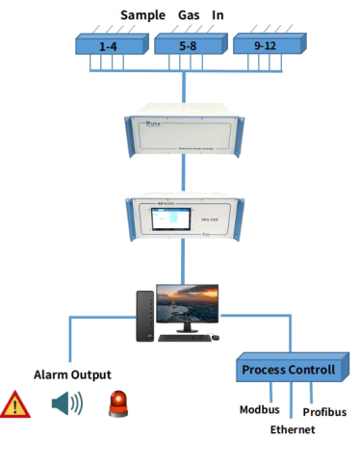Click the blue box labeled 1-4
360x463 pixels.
click(110, 44)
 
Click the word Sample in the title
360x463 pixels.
click(141, 15)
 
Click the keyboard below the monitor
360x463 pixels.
click(183, 338)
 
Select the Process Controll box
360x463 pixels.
click(288, 371)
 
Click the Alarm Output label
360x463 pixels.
click(73, 374)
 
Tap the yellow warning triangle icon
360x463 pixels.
click(14, 404)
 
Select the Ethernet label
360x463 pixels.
click(293, 429)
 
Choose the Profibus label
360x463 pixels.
click(325, 411)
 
